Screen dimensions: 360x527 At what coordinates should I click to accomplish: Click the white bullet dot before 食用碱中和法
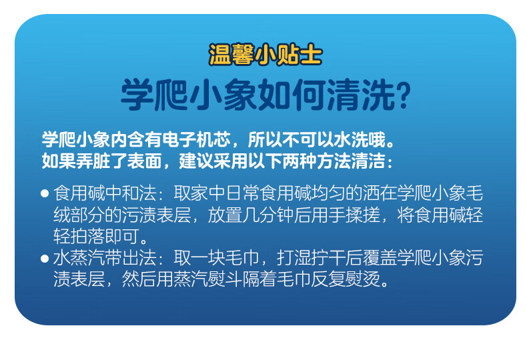click(x=45, y=194)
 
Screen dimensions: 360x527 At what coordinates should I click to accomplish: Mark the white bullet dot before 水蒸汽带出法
click(x=45, y=259)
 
